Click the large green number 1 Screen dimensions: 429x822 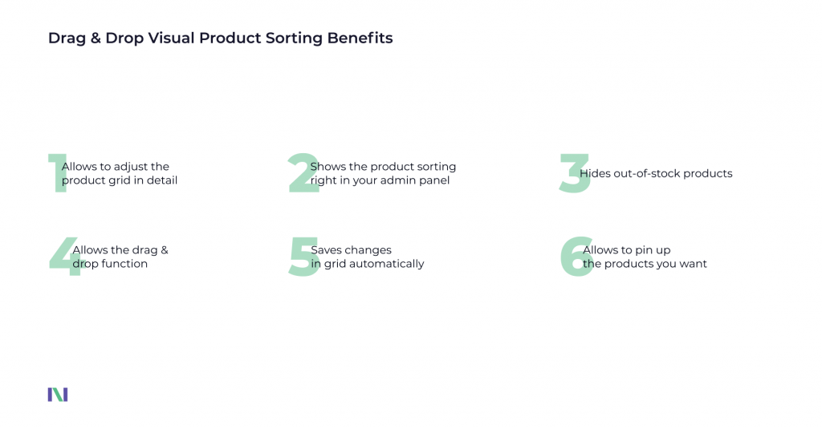pyautogui.click(x=56, y=174)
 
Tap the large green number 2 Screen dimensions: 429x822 pyautogui.click(x=303, y=174)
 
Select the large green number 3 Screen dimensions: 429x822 pyautogui.click(x=575, y=174)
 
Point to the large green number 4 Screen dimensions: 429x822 pyautogui.click(x=64, y=257)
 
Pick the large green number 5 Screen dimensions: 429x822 pyautogui.click(x=303, y=257)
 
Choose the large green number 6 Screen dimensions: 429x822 pyautogui.click(x=576, y=257)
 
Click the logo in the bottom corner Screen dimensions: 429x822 pyautogui.click(x=58, y=395)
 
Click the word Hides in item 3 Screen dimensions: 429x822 pyautogui.click(x=595, y=173)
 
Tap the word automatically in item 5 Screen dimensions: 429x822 pyautogui.click(x=390, y=264)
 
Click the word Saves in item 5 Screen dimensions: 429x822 pyautogui.click(x=326, y=250)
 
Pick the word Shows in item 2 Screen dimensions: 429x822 pyautogui.click(x=328, y=167)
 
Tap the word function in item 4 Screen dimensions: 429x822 pyautogui.click(x=124, y=264)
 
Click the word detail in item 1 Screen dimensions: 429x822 pyautogui.click(x=161, y=180)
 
